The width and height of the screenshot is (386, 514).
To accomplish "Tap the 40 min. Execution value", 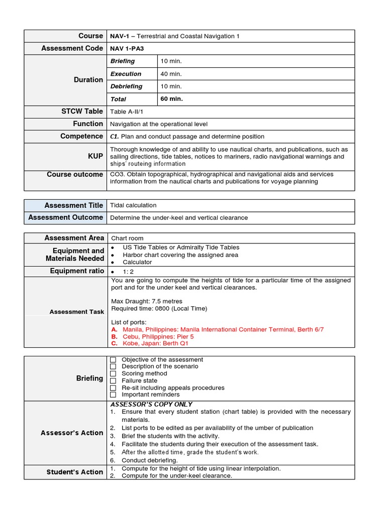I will click(171, 74).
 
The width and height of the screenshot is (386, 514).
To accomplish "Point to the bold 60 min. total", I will click(171, 99).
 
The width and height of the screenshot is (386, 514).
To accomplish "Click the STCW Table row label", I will click(81, 111).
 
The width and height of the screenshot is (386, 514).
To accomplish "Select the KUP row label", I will click(95, 157).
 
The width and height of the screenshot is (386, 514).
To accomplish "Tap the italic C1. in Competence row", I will click(114, 137).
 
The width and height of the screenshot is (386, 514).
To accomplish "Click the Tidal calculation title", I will click(133, 205).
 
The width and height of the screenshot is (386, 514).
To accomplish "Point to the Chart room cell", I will click(127, 238).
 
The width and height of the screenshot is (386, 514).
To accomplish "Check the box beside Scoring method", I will click(113, 373).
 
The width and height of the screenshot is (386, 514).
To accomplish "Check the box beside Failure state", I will click(113, 380).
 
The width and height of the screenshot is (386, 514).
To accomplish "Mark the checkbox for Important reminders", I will click(113, 395).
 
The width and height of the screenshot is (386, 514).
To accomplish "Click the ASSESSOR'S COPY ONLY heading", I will click(151, 404).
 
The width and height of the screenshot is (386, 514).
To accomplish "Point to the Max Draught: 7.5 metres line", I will click(147, 301).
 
